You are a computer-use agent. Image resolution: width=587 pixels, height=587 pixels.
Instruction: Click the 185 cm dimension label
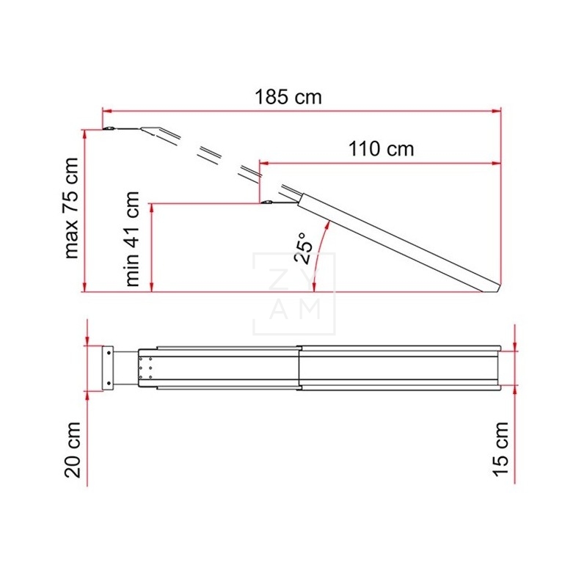[x=288, y=97]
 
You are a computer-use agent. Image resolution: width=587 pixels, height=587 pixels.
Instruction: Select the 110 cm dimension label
[x=381, y=149]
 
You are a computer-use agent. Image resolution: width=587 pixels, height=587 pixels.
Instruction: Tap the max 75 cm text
[x=71, y=208]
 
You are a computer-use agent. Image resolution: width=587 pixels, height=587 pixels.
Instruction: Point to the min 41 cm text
[x=133, y=238]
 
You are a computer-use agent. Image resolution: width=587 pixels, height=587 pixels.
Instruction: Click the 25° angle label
[x=306, y=244]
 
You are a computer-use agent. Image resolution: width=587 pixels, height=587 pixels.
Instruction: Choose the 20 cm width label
[x=72, y=459]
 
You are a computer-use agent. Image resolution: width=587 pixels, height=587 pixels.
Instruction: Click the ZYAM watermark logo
[x=293, y=293]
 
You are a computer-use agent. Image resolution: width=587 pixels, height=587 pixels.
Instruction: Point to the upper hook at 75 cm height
[x=110, y=129]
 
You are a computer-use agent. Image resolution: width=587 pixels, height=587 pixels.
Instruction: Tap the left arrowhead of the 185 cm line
[x=106, y=111]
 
